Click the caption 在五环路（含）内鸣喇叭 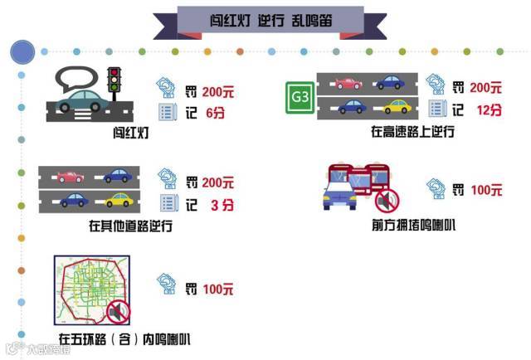click(124, 338)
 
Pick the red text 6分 click(214, 112)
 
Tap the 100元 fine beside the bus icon click(485, 189)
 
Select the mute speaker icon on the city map click(117, 312)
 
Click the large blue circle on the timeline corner click(22, 51)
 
